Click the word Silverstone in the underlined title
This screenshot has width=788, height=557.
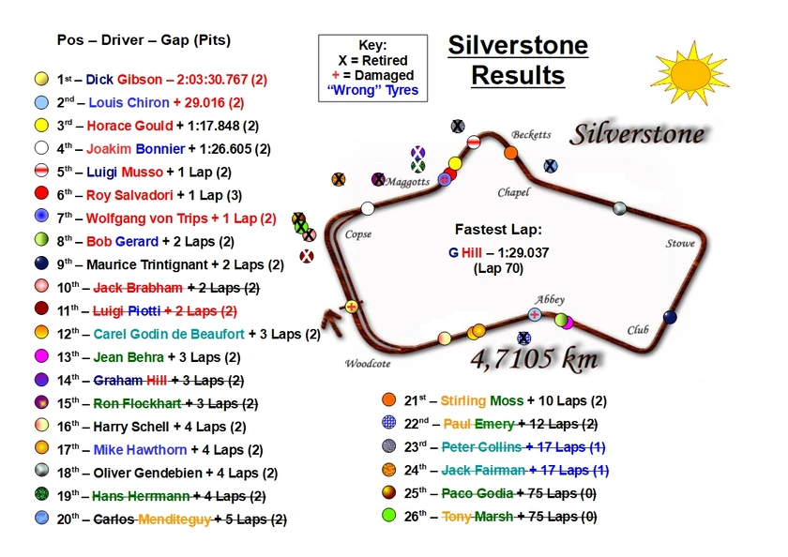click(517, 46)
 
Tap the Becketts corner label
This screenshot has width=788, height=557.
click(531, 135)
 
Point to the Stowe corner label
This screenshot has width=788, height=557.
click(680, 244)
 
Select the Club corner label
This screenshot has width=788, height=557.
click(638, 330)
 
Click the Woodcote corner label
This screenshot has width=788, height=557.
click(368, 364)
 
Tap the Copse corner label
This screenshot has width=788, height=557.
click(358, 234)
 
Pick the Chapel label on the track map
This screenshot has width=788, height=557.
click(513, 193)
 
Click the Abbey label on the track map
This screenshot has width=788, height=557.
click(550, 300)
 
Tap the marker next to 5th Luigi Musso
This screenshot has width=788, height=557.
click(40, 171)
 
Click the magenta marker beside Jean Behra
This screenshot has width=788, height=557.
click(40, 356)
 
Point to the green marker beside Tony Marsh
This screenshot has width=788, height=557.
click(389, 516)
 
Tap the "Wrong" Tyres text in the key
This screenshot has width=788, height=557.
click(372, 91)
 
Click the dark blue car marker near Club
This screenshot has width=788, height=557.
click(670, 317)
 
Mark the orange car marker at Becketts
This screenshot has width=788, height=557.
click(511, 152)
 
